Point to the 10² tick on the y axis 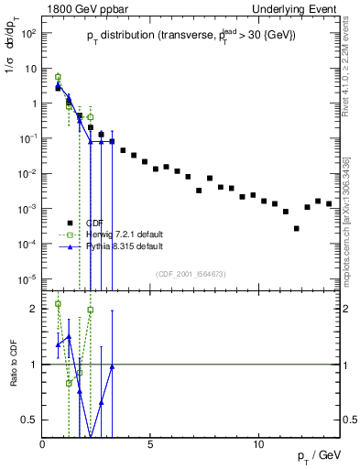(27, 34)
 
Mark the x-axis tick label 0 (43, 443)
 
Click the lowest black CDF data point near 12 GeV (296, 228)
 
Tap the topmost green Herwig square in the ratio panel (58, 303)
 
